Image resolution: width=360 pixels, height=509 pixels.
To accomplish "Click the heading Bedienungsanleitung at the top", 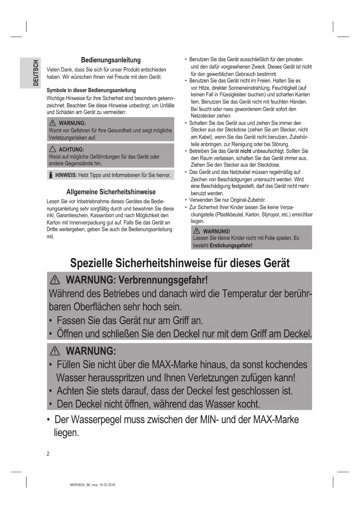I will [x=111, y=60].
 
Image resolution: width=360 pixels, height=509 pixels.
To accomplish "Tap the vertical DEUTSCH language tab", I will [x=35, y=73].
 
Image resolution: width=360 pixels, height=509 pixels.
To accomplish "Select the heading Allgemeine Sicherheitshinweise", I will [x=111, y=192].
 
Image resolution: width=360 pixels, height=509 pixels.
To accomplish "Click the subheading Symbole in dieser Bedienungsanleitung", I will [x=91, y=90].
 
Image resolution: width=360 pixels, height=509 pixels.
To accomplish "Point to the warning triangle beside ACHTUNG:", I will [x=53, y=149].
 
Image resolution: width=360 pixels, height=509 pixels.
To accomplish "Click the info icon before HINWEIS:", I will [x=51, y=175].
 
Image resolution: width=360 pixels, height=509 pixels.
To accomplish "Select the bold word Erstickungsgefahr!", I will [x=231, y=246].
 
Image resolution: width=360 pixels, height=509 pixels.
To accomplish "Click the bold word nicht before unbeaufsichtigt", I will [x=245, y=151].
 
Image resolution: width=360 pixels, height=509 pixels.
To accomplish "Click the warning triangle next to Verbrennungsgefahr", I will [x=55, y=280].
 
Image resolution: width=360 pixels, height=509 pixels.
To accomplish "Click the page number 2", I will [x=48, y=454].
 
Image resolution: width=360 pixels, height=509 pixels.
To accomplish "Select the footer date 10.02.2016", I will [x=107, y=485].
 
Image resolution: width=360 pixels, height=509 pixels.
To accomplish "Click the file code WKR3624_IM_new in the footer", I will [x=84, y=485].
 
